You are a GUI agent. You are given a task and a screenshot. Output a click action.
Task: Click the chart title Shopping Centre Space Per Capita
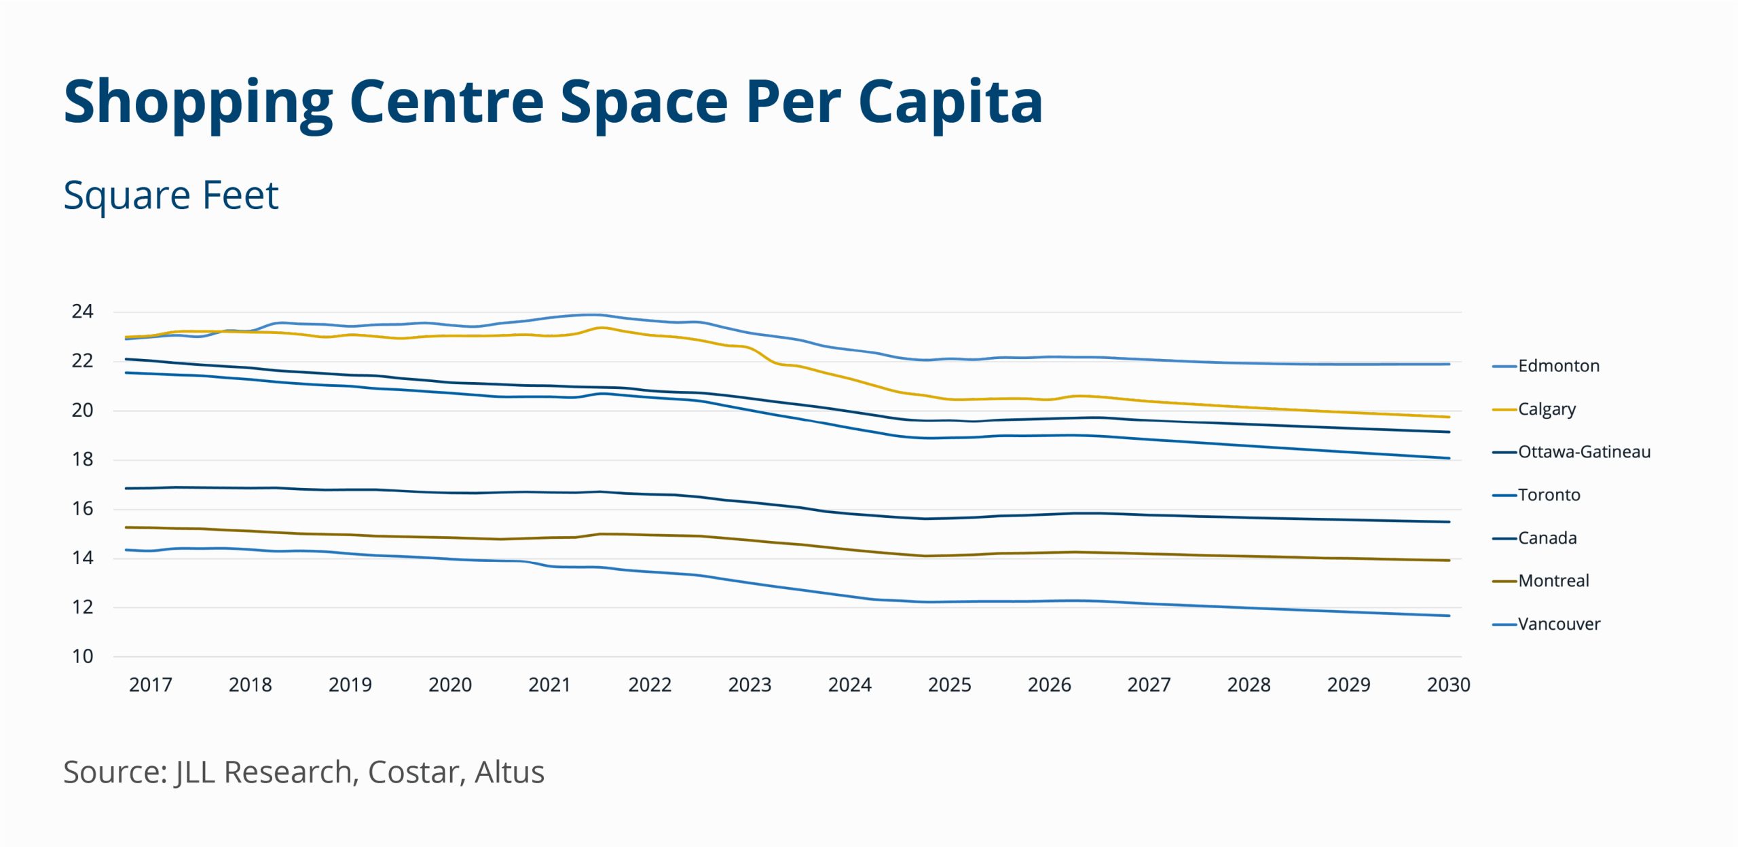pos(553,102)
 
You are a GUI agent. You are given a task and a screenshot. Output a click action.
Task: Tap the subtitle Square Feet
pos(170,195)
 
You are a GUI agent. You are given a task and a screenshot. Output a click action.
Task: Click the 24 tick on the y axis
pos(82,312)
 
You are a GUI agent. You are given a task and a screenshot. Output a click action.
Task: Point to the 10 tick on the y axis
pos(82,656)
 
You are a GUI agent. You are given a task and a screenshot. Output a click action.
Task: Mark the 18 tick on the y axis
pos(82,459)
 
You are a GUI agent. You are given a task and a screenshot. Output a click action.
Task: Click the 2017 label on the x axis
pos(150,685)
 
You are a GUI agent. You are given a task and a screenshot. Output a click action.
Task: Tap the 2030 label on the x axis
pos(1448,685)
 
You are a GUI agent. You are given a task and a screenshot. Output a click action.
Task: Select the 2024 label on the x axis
pos(849,685)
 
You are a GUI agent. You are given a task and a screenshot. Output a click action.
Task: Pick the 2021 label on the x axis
pos(549,685)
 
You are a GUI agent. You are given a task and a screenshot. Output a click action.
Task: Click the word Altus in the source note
pos(509,772)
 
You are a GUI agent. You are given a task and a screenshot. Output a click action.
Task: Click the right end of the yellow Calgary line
pos(1449,417)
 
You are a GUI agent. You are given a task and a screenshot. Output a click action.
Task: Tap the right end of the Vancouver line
pos(1449,616)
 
